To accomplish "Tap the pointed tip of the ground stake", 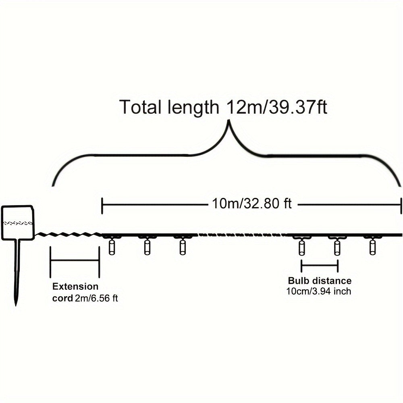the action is pos(16,305).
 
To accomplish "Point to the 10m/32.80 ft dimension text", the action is pos(252,204).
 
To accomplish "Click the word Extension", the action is pos(75,286).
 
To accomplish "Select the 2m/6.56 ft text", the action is pos(97,298).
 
